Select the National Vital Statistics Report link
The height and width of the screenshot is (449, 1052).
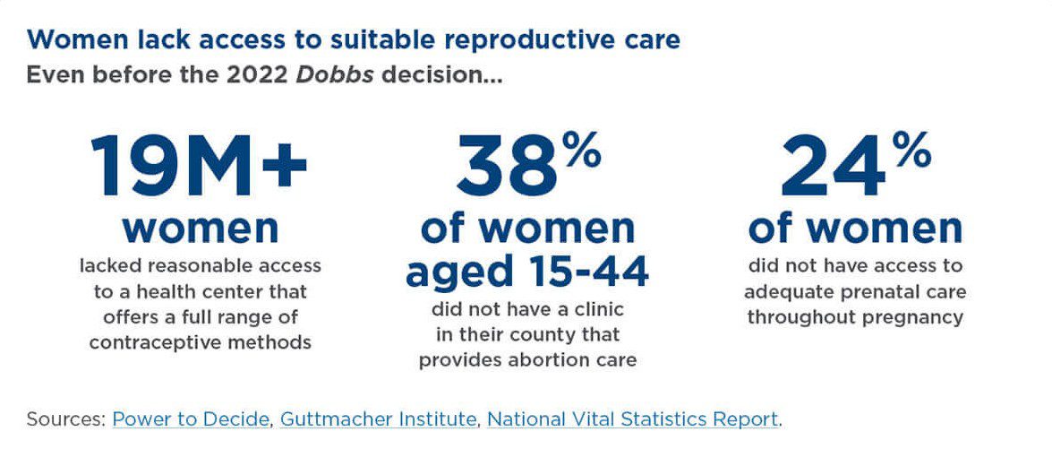coord(632,419)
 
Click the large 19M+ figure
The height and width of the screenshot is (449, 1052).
coord(199,168)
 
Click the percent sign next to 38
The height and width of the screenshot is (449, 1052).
coord(582,153)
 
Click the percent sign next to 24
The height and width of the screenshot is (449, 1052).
coord(912,153)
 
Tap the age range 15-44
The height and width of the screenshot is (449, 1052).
coord(588,272)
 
